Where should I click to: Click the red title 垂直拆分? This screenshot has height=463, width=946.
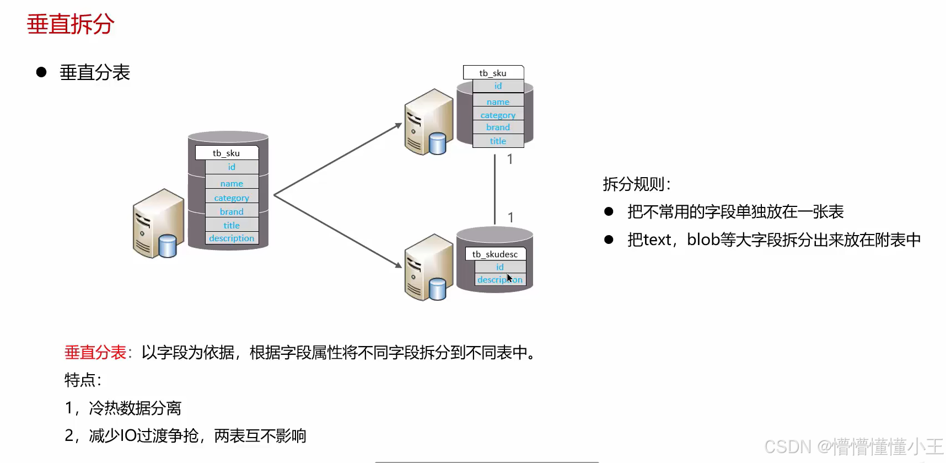point(71,25)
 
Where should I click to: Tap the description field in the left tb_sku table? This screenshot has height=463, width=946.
point(232,238)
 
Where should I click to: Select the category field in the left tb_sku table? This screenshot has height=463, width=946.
point(232,198)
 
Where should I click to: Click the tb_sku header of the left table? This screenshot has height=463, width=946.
point(227,153)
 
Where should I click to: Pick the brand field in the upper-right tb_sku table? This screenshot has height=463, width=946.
point(498,127)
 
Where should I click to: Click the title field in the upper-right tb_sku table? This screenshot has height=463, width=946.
point(498,141)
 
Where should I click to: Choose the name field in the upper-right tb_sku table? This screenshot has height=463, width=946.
point(498,102)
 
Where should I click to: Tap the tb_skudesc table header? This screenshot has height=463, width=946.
point(495,254)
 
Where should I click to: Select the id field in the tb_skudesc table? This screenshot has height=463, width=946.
point(500,267)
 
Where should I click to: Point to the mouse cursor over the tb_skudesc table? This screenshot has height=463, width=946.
point(509,278)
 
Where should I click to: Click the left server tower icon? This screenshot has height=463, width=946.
point(157,223)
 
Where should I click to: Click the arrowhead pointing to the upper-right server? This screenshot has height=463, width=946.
point(399,126)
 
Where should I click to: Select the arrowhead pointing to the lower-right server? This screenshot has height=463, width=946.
point(398,265)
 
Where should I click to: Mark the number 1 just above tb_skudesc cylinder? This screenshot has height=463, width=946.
point(511,217)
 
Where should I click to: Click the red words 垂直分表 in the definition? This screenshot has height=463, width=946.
point(95,352)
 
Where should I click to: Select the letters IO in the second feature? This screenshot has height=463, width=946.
point(128,436)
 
